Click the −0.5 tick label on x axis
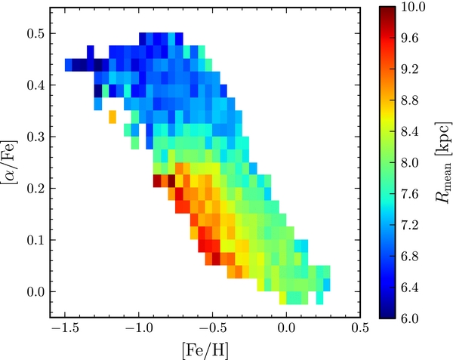211,330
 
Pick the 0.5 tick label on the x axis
359,330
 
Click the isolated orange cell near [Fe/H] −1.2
112,117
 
